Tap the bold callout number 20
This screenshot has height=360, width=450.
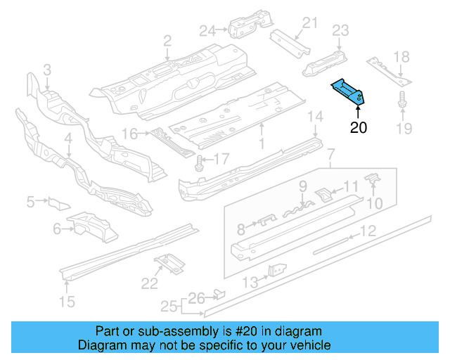tap(359, 127)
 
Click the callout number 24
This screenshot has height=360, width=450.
tap(206, 30)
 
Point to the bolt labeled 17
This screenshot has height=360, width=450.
tap(199, 162)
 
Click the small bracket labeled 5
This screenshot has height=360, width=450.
tap(58, 204)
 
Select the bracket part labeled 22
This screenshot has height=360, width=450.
tap(169, 263)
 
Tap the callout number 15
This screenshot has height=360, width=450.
tap(66, 303)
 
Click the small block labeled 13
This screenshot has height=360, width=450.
tap(276, 271)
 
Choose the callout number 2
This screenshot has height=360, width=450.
tap(167, 41)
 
